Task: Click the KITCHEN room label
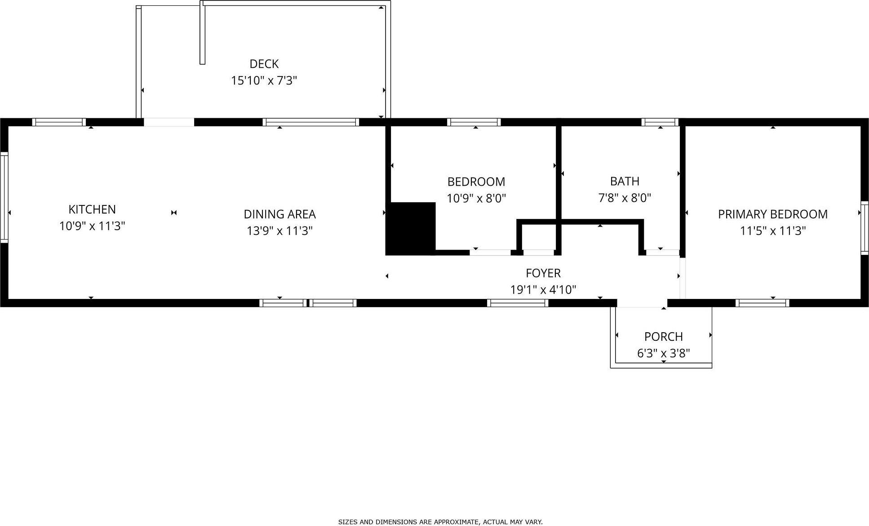[x=92, y=209]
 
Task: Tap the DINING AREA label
[x=279, y=214]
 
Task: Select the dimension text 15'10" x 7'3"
[x=264, y=80]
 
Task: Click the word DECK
[x=264, y=64]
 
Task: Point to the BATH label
[x=625, y=181]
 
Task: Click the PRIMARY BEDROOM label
[x=772, y=214]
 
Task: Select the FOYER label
[x=543, y=273]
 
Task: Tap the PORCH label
[x=663, y=336]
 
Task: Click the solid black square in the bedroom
[x=411, y=228]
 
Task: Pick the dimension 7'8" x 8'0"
[x=625, y=198]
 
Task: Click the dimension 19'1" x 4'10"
[x=543, y=290]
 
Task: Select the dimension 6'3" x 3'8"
[x=663, y=353]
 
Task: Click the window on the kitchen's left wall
[x=4, y=197]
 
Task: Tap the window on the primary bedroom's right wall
[x=865, y=228]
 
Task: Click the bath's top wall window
[x=660, y=122]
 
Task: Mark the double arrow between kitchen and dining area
[x=174, y=213]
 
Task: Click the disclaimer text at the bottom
[x=440, y=522]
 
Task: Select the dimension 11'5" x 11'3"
[x=772, y=231]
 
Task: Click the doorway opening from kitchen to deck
[x=169, y=122]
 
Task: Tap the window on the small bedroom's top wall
[x=474, y=122]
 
